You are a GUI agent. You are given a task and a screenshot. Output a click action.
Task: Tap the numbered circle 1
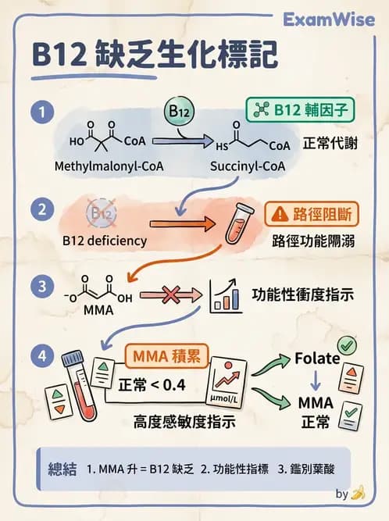click(40, 112)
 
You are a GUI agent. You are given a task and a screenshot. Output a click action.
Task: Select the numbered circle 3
click(40, 287)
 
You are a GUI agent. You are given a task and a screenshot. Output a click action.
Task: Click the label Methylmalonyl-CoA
click(99, 167)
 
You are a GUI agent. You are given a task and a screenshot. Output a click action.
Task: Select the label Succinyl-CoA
click(248, 167)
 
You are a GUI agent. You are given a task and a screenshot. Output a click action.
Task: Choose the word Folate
click(316, 359)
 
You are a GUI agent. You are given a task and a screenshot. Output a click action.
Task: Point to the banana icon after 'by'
click(359, 493)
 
